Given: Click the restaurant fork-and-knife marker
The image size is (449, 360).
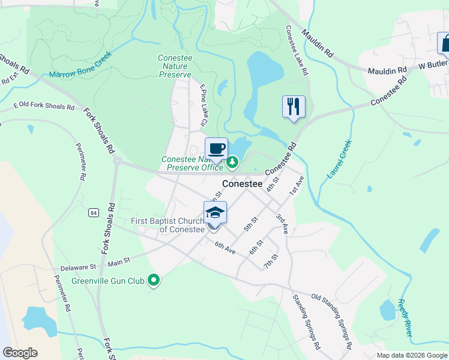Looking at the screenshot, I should coord(294,107).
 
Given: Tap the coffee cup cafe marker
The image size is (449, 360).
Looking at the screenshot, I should coord(216,148).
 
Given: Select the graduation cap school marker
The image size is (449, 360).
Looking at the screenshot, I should coord(215,212).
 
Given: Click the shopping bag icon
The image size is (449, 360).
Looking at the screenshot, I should coord(445,43).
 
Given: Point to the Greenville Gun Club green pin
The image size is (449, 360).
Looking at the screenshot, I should coord(154,280).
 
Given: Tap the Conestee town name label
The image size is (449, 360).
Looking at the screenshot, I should coord(243,184).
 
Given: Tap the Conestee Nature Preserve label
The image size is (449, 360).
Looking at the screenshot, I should coord(175,66).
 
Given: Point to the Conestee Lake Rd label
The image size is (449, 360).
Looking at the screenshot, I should coord(297,50).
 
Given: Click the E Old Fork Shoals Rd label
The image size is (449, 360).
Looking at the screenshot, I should coord(44,107).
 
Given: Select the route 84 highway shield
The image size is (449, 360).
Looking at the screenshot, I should coord(93,212).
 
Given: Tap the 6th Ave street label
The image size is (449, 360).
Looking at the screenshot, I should coord(225,248).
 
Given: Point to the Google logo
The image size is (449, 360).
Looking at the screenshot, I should coord(20,353).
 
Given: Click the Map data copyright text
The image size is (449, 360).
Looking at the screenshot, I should coord(411,355).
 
